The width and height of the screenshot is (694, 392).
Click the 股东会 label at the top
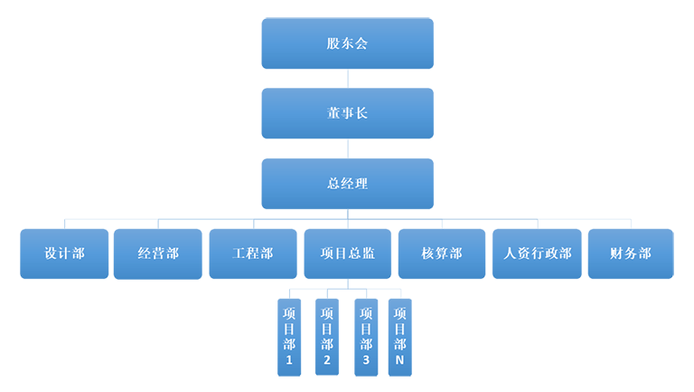[x=347, y=43]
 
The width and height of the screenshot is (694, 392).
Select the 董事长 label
[x=347, y=113]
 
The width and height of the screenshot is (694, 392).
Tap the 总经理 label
[x=347, y=183]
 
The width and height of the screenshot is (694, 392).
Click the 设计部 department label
[x=64, y=253]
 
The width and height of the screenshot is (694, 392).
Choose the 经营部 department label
[x=158, y=253]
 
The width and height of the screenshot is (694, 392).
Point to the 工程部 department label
[x=252, y=253]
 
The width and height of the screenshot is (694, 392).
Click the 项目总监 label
[x=347, y=253]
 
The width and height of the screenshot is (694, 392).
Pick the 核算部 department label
[x=442, y=253]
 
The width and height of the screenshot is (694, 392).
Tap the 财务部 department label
[x=631, y=253]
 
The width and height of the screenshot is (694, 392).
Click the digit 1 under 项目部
[x=289, y=360]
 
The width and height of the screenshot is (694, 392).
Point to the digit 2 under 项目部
[x=327, y=360]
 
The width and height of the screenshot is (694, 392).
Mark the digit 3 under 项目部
[x=365, y=360]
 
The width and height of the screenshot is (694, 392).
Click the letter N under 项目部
[x=400, y=360]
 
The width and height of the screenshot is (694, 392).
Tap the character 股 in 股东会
[x=333, y=43]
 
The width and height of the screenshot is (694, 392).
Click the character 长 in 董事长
[x=361, y=113]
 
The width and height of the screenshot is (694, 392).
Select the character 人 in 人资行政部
[x=510, y=253]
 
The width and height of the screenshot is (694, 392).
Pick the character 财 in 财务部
[x=617, y=253]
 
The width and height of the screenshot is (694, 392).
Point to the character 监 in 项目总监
[x=368, y=253]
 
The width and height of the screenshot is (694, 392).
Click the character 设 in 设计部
[x=51, y=253]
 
